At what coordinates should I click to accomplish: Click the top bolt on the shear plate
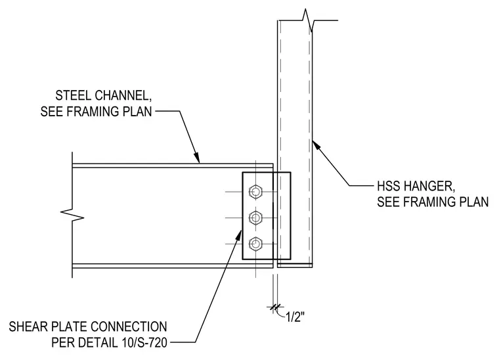255,192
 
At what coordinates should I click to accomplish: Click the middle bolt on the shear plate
255,217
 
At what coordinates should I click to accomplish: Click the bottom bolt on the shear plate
255,244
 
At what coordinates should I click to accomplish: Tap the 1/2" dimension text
295,317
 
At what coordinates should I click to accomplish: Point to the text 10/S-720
144,342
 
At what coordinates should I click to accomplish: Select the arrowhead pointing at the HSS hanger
316,145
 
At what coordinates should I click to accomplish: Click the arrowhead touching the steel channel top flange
197,158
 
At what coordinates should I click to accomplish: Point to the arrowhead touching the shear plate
239,236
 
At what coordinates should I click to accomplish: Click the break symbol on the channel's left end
73,215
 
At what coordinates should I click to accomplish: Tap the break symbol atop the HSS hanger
309,20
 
